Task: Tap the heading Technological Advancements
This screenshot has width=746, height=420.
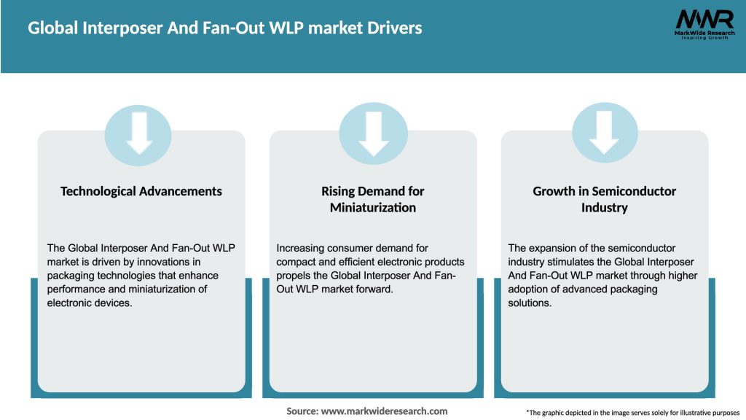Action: click(x=141, y=191)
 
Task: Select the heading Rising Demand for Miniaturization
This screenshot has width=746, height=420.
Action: click(x=372, y=199)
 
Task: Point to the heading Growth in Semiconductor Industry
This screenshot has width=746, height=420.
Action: click(x=604, y=199)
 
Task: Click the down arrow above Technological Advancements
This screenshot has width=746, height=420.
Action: click(x=138, y=133)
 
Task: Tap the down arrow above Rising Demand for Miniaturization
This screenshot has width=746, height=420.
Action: click(x=373, y=133)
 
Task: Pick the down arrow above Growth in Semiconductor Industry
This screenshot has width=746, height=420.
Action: click(x=605, y=133)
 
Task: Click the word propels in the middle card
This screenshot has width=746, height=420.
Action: click(x=300, y=276)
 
